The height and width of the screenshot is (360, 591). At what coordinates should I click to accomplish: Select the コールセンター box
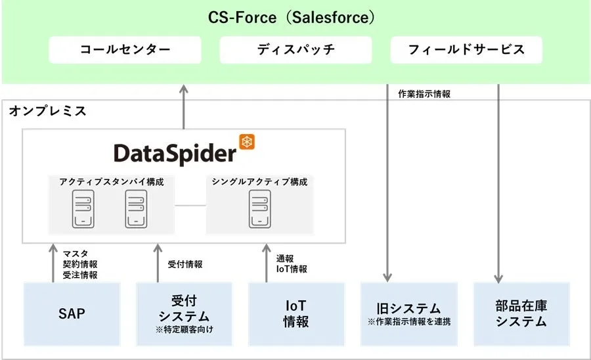125,50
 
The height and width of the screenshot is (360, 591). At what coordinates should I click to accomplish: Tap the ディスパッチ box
295,50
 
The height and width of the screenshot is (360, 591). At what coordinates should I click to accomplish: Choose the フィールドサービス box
466,50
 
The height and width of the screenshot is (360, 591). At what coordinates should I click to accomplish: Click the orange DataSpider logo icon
247,142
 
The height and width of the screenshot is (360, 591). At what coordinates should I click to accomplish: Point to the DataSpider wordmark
175,153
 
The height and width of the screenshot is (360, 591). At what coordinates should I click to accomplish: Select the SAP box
72,313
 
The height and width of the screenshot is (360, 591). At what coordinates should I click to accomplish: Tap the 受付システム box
185,313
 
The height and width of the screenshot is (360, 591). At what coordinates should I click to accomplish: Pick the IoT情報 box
296,313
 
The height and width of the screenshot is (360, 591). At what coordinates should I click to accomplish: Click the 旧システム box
408,313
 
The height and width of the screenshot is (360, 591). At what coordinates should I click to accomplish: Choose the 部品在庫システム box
521,313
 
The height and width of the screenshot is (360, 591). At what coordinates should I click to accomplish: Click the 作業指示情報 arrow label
424,95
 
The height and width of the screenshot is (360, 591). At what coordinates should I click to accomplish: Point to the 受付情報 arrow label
185,264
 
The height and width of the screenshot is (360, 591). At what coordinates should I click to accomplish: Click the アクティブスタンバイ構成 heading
111,182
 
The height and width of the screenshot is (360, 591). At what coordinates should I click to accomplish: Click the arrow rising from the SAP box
53,263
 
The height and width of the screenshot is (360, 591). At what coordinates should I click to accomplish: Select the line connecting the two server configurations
190,206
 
